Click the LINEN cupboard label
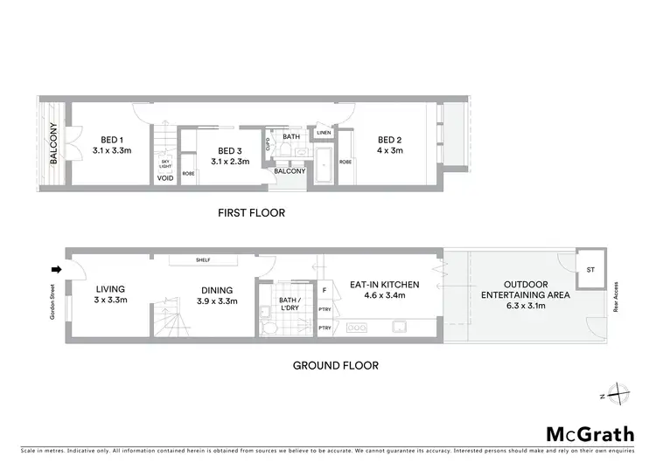(x=325, y=133)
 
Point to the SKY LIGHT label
(x=164, y=164)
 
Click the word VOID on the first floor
(x=164, y=178)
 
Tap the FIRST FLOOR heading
(x=252, y=213)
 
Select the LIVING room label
(x=111, y=289)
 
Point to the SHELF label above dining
(x=202, y=259)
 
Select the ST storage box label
(x=590, y=269)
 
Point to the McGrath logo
(x=590, y=433)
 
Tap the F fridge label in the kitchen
(x=325, y=289)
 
